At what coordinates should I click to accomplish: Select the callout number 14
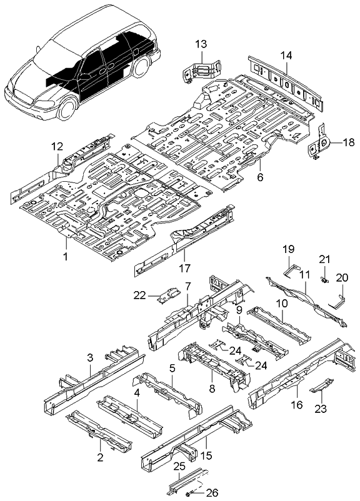tap(285, 56)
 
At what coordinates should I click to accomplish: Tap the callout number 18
tap(347, 143)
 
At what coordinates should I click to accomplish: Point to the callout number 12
tap(57, 147)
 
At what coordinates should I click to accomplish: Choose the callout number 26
tap(212, 493)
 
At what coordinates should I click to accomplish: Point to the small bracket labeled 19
tap(289, 270)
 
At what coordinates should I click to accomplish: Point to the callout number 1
tap(64, 256)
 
